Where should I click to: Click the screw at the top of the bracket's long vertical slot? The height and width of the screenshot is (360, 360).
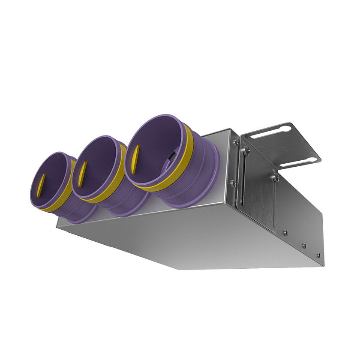point(244,150)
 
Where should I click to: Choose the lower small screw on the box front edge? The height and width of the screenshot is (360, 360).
point(233,183)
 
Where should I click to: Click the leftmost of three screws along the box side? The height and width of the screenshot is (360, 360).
point(286,233)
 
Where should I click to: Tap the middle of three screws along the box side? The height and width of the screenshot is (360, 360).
point(304,246)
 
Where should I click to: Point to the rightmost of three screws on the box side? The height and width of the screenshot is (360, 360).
point(318,255)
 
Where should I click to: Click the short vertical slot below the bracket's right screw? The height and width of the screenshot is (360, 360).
point(273,201)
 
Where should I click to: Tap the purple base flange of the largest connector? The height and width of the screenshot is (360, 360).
point(201,189)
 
